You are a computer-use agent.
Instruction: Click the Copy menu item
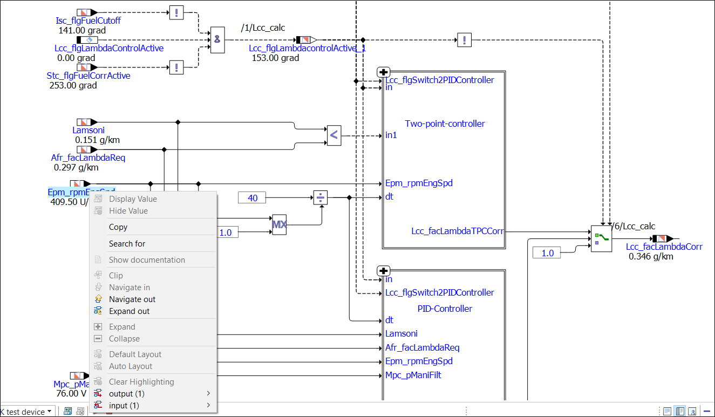(118, 227)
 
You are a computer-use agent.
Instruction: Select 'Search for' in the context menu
(127, 244)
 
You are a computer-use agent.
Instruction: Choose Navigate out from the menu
(132, 299)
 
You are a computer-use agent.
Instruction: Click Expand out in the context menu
(129, 311)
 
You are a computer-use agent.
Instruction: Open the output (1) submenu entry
(127, 394)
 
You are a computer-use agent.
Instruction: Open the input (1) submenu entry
(124, 406)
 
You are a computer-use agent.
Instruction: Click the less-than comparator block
(334, 135)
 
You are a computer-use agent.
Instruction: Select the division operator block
(321, 198)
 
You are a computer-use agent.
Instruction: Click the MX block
(279, 224)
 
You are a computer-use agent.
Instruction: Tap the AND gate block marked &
(217, 39)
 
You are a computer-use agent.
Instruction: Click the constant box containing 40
(253, 198)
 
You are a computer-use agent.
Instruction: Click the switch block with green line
(601, 239)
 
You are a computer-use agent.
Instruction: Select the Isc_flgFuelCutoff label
(88, 21)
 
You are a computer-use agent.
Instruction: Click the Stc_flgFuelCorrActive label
(88, 76)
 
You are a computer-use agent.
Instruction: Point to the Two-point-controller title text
(445, 124)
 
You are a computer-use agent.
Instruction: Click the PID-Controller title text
(445, 309)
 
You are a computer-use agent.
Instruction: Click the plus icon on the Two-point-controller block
(383, 72)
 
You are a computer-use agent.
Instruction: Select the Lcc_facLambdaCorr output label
(664, 247)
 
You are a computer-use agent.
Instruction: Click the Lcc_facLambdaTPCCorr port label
(457, 231)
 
